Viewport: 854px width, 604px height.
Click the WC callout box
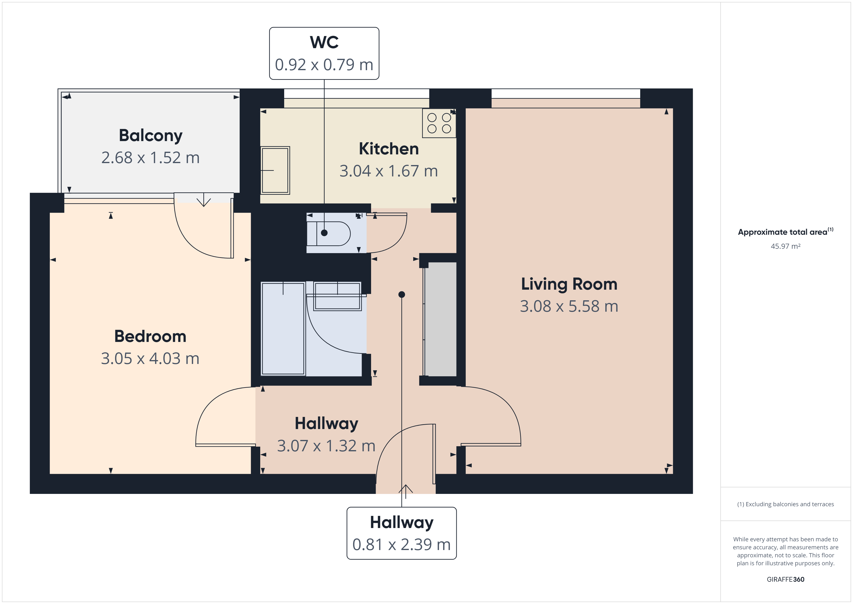[324, 53]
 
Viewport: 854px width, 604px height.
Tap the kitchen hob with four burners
[439, 123]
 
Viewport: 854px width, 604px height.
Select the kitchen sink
[275, 170]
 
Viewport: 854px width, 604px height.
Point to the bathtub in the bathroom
[283, 328]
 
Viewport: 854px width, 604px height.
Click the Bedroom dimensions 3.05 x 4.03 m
[150, 359]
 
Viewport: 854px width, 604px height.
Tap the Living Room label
[569, 284]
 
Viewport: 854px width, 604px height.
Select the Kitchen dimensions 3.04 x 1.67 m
[389, 171]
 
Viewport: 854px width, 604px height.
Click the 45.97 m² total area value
[785, 246]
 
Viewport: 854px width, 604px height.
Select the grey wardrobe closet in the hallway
[440, 319]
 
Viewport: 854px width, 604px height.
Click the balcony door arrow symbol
[204, 200]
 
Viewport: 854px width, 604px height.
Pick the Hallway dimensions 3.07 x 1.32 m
[326, 446]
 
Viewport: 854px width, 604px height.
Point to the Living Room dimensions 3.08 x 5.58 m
[569, 306]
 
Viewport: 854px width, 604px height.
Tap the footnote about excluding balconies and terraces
[785, 504]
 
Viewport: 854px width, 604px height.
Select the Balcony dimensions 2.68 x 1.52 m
[151, 158]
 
